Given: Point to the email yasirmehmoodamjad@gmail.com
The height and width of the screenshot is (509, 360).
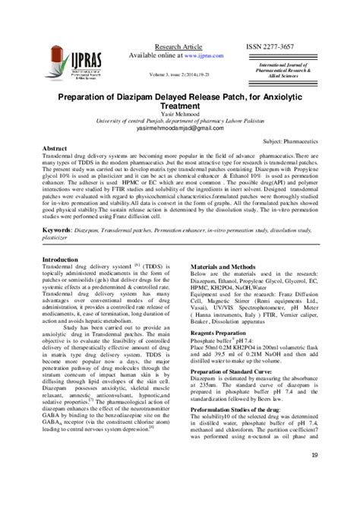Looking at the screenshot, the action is pyautogui.click(x=179, y=130).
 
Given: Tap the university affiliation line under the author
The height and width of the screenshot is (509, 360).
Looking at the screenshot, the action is pyautogui.click(x=180, y=123).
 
